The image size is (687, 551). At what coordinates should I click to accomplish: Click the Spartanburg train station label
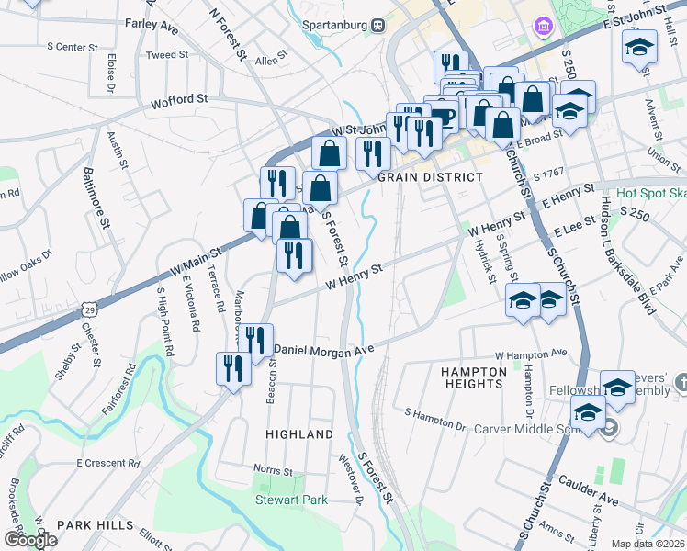click(x=337, y=25)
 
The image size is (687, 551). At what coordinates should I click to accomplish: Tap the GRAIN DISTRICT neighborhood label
click(x=431, y=177)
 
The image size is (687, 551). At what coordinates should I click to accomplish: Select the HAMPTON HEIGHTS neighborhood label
click(x=473, y=378)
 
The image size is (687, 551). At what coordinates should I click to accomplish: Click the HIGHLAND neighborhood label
click(x=299, y=433)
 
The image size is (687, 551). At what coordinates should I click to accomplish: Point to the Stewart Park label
click(x=291, y=500)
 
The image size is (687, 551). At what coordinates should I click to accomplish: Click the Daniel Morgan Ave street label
click(x=325, y=350)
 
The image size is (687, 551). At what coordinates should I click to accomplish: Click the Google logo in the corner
click(x=29, y=539)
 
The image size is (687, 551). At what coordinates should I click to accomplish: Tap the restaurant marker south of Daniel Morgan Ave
click(x=231, y=367)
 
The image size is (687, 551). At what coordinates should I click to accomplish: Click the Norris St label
click(x=274, y=470)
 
